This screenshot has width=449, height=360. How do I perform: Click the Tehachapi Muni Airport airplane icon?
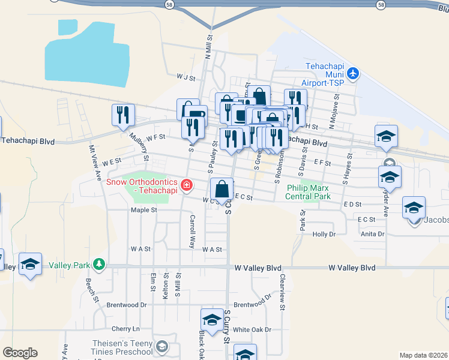[x=353, y=73]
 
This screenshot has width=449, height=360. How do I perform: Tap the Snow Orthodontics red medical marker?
[x=187, y=184]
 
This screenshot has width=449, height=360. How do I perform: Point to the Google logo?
[x=20, y=352]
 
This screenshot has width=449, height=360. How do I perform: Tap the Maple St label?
[x=144, y=210]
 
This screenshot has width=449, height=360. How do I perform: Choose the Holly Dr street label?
[x=323, y=234]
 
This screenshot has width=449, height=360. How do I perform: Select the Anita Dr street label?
[x=373, y=234]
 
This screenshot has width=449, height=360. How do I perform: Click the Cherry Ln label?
[x=125, y=329]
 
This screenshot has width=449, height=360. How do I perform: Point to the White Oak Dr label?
[x=252, y=329]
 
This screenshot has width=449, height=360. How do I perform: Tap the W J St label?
[x=187, y=77]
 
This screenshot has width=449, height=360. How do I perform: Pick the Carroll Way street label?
[x=193, y=231]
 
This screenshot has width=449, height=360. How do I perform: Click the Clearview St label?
[x=282, y=292]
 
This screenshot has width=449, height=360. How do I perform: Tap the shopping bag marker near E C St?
[x=221, y=188]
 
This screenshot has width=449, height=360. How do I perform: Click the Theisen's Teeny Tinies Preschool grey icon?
[x=161, y=346]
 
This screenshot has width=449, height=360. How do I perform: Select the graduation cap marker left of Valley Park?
[x=29, y=264]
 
